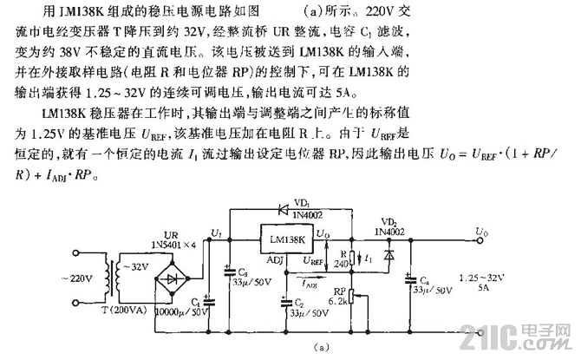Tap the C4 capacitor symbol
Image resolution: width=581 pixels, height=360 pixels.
click(408, 278)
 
